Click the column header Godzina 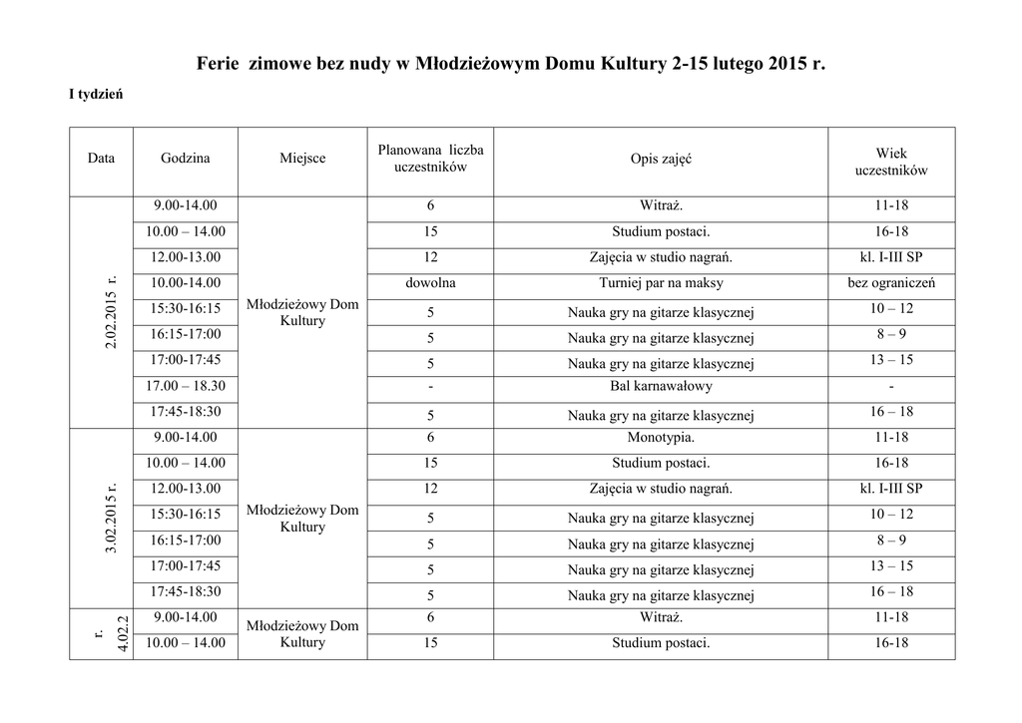pos(186,159)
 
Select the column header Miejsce pos(302,159)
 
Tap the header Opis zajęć pos(661,159)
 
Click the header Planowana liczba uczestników pos(430,159)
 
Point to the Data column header pos(101,159)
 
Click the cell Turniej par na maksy pos(661,283)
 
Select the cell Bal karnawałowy pos(661,386)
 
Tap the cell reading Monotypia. pos(661,438)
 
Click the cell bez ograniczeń pos(890,283)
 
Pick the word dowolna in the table pos(430,283)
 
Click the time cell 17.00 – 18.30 pos(186,386)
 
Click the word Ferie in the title pos(217,65)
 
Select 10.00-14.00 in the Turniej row pos(186,283)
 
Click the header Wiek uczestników pos(890,162)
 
